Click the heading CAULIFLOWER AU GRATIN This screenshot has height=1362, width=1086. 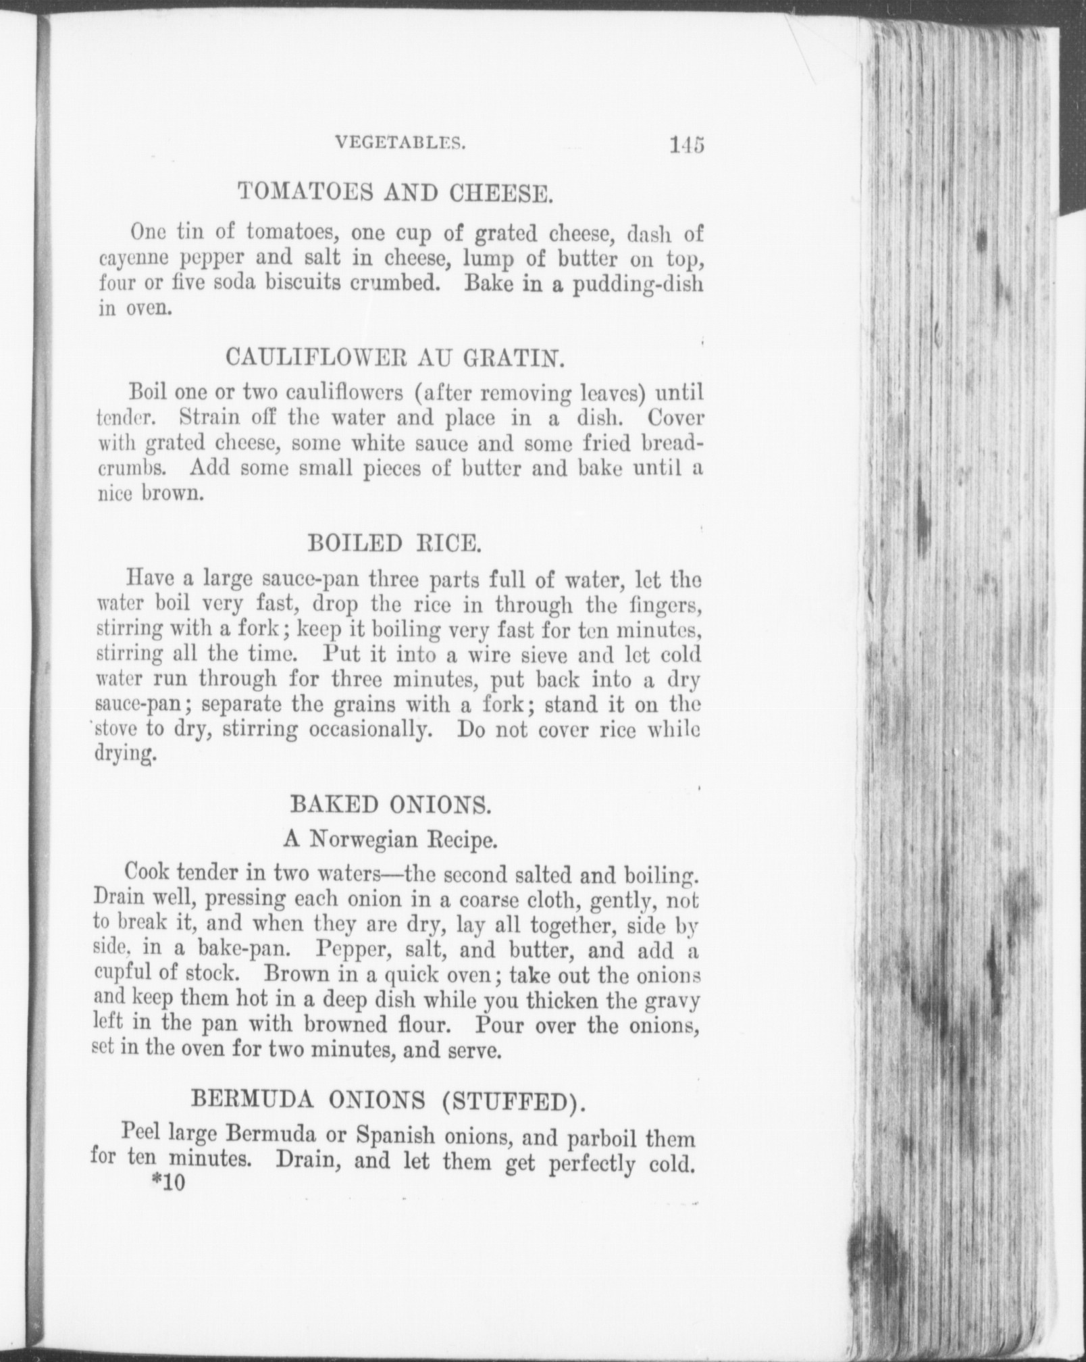pos(394,356)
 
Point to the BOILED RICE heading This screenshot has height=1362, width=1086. pos(394,544)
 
